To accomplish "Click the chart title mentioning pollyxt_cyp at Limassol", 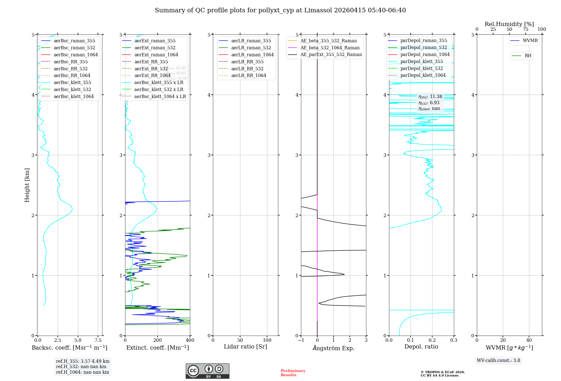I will [280, 10].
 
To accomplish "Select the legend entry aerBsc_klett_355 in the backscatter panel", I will [72, 82].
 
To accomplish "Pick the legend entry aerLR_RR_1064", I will [249, 75].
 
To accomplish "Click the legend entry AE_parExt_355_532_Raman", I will [331, 54].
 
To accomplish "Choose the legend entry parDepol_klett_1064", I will [423, 75].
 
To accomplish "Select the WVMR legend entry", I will [530, 41].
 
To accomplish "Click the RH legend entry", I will [528, 56].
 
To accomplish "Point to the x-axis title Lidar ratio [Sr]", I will [245, 347].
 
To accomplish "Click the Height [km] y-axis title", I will [27, 185].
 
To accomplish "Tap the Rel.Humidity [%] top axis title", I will [509, 24].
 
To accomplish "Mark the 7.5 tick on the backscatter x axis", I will [98, 340].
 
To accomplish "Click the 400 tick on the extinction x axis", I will [190, 340].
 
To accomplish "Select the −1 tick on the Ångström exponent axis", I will [301, 340].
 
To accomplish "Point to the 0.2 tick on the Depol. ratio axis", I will [432, 340].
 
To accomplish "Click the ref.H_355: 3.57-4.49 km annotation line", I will [82, 361].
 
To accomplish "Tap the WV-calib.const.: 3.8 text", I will [498, 361].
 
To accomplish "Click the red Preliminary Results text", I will [293, 373].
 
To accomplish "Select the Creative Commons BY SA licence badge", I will [207, 371].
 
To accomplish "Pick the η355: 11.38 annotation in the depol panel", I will [430, 97].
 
